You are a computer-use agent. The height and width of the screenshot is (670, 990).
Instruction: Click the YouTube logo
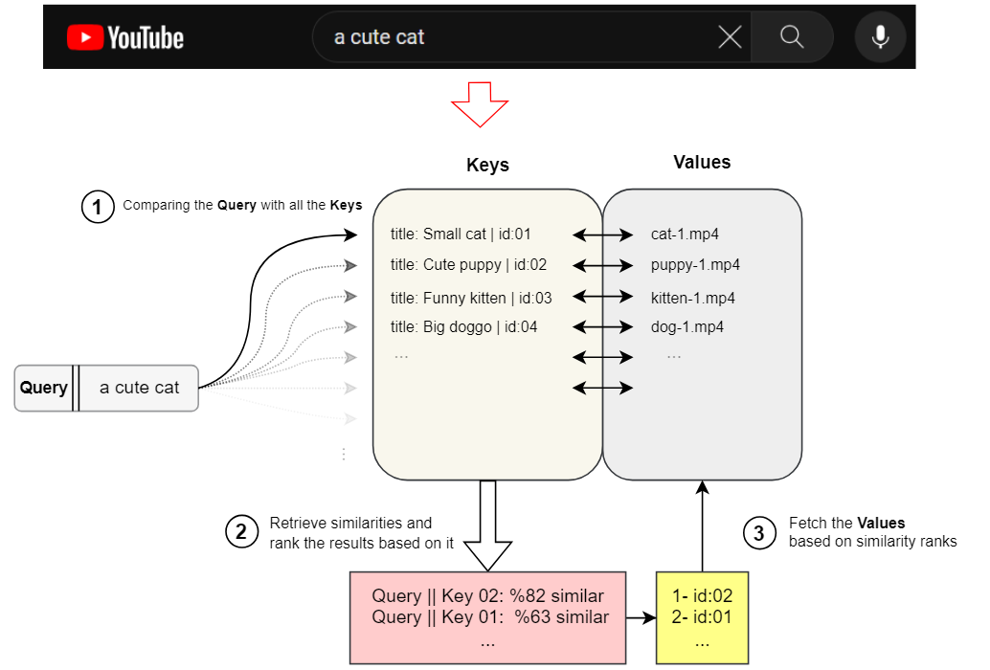coord(125,37)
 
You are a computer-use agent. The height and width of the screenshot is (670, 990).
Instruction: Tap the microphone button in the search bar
coord(880,37)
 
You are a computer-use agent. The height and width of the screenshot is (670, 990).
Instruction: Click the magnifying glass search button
coord(791,37)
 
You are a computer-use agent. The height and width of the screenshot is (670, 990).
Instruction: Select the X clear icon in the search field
coord(730,37)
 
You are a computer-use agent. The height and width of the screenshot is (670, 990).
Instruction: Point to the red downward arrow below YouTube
coord(481,104)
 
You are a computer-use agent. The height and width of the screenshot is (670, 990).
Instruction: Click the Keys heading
coord(487,165)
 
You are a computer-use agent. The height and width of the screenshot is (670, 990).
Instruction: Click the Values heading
coord(702,163)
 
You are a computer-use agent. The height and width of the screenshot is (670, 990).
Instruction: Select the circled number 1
coord(98,207)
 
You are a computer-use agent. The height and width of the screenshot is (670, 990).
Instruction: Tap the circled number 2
coord(241,532)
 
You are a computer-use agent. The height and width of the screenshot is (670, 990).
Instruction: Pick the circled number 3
coord(759,533)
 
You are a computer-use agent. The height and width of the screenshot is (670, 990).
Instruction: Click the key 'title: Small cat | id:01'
coord(461,234)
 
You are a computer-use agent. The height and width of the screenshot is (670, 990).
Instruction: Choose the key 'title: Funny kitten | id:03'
coord(471,298)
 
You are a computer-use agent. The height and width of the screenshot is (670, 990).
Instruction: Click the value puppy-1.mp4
coord(695,265)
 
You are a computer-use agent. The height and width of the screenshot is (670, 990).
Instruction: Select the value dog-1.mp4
coord(686,327)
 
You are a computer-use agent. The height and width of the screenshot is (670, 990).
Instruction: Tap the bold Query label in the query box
coord(44,388)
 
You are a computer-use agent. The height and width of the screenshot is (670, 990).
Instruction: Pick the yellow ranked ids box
coord(702,617)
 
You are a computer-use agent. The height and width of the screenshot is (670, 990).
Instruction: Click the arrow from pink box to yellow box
coord(641,618)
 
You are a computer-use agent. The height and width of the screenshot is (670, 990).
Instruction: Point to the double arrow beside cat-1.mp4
coord(602,234)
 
